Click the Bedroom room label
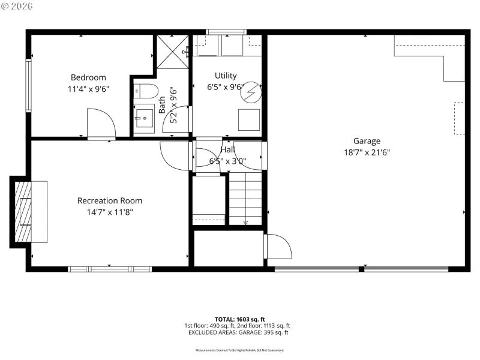point(88,77)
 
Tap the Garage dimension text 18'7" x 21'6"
point(367,152)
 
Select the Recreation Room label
point(110,200)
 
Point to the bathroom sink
point(144,118)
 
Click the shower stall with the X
point(173,52)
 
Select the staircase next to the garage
point(246,196)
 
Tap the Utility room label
point(226,76)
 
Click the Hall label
point(227,150)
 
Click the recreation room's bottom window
point(109,269)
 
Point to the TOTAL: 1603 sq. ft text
point(239,319)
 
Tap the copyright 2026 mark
point(18,6)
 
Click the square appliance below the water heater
point(249,120)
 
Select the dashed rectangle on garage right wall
point(459,118)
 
